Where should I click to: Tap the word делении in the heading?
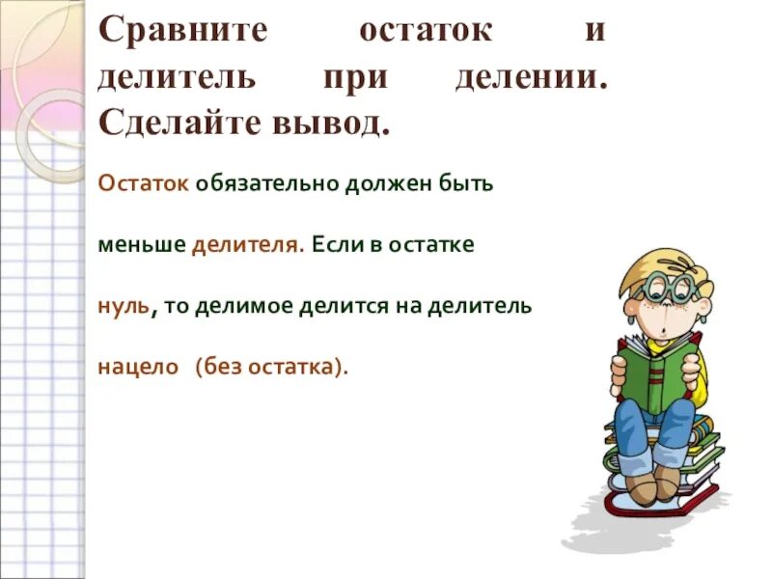(532, 78)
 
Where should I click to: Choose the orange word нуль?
(124, 306)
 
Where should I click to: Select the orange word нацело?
(139, 367)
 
